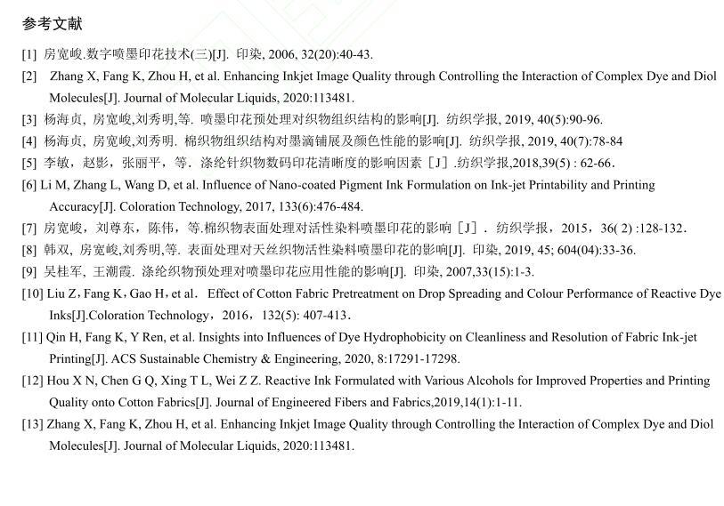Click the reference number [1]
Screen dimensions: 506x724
29,54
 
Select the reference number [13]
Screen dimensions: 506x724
32,424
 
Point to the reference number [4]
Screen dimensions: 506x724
29,141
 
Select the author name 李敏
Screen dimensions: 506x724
54,163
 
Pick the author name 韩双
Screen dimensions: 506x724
54,250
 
